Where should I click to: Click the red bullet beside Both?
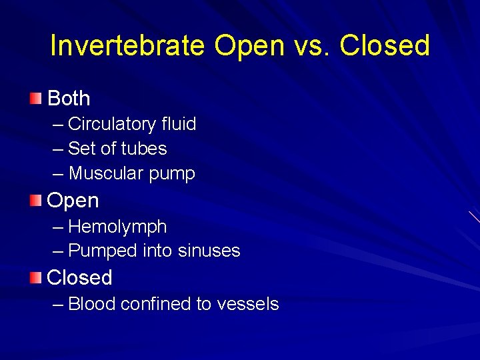pos(35,99)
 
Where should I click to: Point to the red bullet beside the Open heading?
pos(35,200)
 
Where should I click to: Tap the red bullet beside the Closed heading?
pos(35,277)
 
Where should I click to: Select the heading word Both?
pos(69,99)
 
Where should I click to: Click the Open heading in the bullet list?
pos(73,201)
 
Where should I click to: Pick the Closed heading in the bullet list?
pos(79,277)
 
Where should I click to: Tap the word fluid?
pos(179,125)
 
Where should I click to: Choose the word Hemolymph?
pos(117,227)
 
